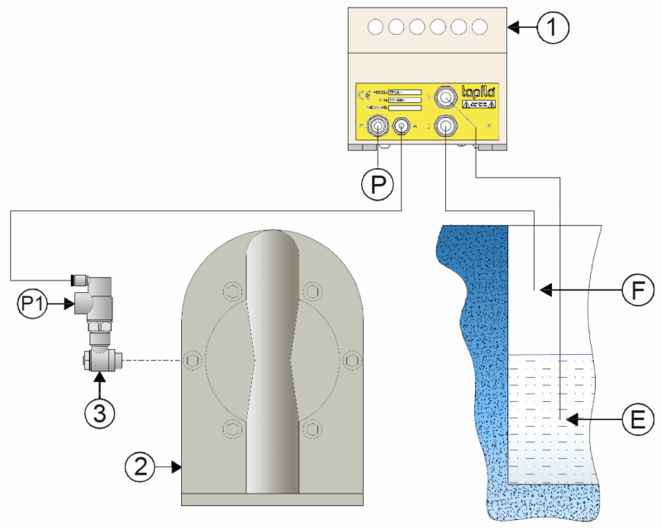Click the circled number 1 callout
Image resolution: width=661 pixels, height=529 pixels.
554,27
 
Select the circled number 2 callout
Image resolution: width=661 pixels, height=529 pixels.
140,467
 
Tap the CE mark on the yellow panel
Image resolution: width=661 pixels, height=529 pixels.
364,94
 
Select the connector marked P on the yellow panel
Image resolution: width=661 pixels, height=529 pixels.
378,126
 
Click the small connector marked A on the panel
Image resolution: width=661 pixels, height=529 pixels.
402,126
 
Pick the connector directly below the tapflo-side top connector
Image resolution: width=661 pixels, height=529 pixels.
446,126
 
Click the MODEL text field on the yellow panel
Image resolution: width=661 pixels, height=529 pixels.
405,92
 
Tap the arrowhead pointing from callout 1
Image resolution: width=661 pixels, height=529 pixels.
513,28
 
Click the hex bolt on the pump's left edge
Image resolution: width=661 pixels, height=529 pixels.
192,361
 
